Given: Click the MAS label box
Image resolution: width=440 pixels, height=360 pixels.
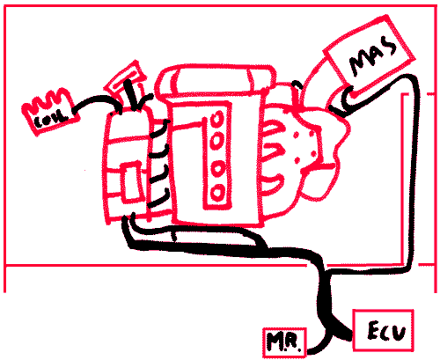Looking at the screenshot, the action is pos(369,53).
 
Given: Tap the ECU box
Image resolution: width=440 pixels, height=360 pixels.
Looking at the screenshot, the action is pos(383,330).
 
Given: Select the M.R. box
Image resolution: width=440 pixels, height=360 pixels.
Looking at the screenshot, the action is pos(284,342).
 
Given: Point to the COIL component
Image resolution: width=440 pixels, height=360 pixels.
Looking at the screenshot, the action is pos(50,113).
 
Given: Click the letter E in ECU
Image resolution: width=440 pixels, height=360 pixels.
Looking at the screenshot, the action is pos(374,330).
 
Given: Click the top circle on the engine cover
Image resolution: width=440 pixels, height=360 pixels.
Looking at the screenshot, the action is pos(216,119).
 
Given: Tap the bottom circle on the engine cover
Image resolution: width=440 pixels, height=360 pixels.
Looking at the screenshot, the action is pos(217,193).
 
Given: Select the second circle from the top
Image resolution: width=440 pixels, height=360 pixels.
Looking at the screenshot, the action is pos(216,141).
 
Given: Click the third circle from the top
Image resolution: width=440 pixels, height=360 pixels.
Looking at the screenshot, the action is pos(217,168).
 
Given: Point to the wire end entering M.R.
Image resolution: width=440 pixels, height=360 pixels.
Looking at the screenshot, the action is pos(311,350).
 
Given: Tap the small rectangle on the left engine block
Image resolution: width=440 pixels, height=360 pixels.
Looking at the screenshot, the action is pos(132,182).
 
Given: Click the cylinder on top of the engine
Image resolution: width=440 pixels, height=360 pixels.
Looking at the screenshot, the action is pos(215,80).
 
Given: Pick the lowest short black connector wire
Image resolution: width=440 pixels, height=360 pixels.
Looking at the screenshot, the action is pos(158,199).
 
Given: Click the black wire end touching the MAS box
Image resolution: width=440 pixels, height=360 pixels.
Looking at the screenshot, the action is pos(349,98).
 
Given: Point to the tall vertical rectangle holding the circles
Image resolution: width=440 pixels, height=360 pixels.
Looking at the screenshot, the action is pos(217,156).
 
